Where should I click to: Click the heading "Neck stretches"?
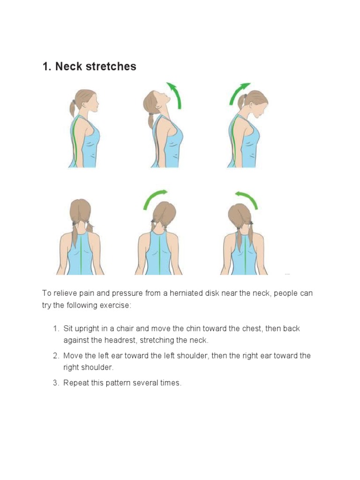point(89,67)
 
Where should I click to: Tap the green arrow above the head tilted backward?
point(175,95)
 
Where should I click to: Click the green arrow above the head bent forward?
point(239,93)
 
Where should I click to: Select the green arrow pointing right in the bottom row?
point(155,199)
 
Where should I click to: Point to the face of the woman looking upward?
point(162,97)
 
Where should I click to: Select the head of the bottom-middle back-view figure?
point(164,213)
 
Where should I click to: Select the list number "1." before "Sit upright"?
point(56,329)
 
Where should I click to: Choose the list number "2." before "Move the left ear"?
point(56,356)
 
